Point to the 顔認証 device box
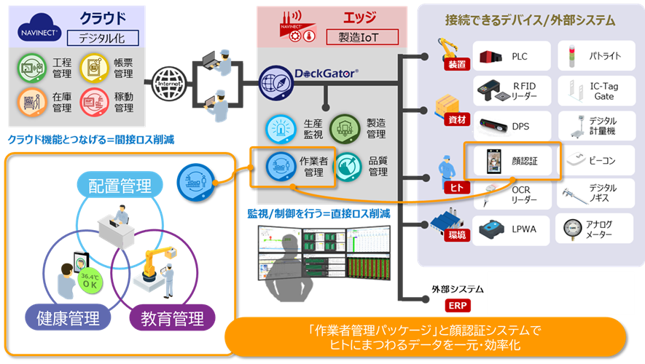coord(513,159)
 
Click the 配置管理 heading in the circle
coord(120,186)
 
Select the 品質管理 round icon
coord(346,165)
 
